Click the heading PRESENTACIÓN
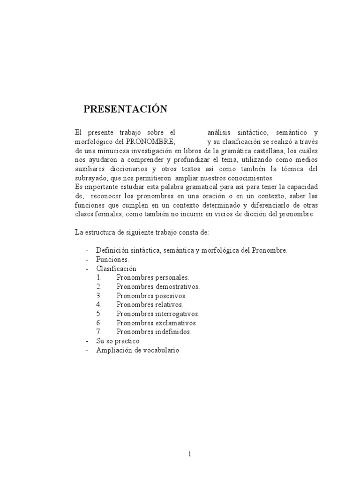[x=125, y=109]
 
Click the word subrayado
[x=91, y=178]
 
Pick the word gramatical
[x=183, y=187]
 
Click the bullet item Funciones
[x=112, y=259]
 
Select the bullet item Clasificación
[x=116, y=269]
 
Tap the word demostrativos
[x=177, y=286]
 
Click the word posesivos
[x=171, y=296]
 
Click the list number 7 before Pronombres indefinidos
[x=99, y=332]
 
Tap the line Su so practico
[x=118, y=341]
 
